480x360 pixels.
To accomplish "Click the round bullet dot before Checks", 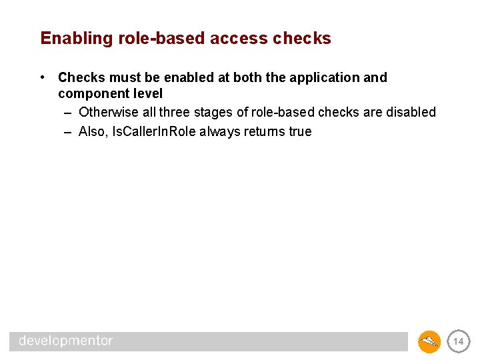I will [43, 77].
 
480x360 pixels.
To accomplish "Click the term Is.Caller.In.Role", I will [153, 131].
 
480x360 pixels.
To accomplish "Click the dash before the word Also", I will [68, 131].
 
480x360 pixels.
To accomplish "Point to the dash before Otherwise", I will [68, 112].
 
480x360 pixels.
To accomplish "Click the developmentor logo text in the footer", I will [66, 341].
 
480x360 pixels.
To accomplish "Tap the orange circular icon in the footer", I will [429, 342].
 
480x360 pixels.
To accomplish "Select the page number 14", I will [458, 341].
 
